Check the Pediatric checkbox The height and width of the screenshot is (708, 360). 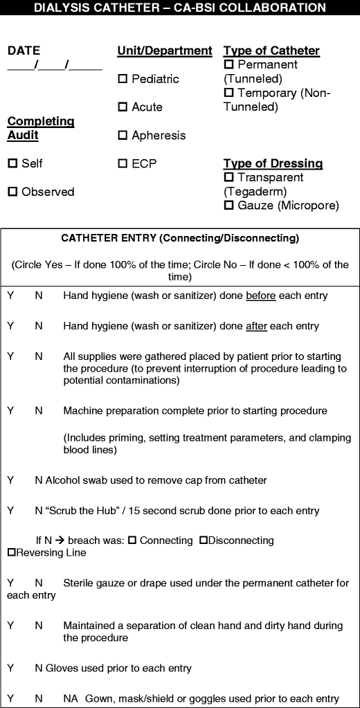point(123,80)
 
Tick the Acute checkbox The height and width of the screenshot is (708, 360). point(123,107)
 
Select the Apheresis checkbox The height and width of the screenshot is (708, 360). point(123,136)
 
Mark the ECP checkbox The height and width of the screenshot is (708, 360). point(123,164)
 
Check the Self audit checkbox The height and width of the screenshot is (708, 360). point(12,164)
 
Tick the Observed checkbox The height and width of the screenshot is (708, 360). point(12,192)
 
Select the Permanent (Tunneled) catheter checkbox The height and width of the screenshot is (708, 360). point(229,65)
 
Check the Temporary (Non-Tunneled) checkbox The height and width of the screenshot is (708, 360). point(229,93)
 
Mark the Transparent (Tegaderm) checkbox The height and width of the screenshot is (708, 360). point(229,178)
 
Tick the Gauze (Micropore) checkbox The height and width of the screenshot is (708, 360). point(229,206)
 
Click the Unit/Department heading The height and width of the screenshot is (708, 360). point(165,51)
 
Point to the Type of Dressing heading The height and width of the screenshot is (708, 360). point(273,163)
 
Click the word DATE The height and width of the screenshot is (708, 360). point(24,51)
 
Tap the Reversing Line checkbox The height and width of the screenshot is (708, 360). point(11,552)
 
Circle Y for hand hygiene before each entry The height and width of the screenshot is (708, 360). point(10,296)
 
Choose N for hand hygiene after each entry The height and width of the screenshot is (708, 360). point(39,325)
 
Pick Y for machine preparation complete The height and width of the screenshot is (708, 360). point(10,410)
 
